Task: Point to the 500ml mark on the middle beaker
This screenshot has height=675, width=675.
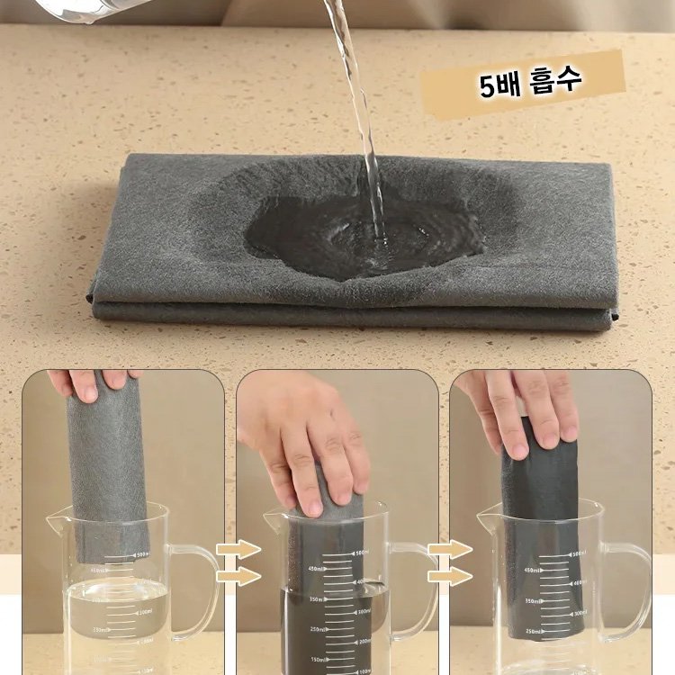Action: [x=360, y=553]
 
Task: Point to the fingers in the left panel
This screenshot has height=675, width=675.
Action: [x=90, y=382]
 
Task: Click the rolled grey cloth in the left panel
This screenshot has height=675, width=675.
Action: [x=108, y=468]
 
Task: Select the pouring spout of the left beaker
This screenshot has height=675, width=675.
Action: [x=56, y=517]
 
